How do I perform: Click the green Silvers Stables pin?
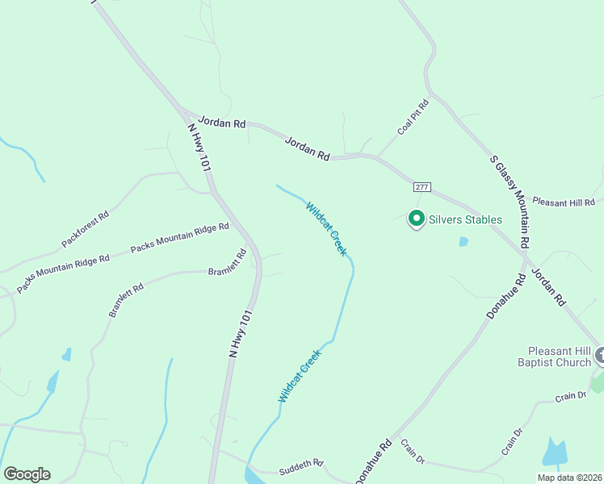click(x=417, y=219)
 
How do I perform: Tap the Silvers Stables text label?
click(x=465, y=219)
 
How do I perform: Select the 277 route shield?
click(x=422, y=187)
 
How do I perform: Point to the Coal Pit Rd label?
click(x=413, y=117)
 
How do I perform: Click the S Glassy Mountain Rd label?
click(x=510, y=201)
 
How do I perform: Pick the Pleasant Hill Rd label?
click(x=563, y=202)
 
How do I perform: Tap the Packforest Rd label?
click(x=85, y=229)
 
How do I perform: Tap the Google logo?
click(x=27, y=474)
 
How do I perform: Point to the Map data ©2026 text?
click(x=569, y=478)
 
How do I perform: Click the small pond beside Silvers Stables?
click(x=463, y=241)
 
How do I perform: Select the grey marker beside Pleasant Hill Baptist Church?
click(x=600, y=355)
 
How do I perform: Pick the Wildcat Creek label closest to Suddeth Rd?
click(x=300, y=374)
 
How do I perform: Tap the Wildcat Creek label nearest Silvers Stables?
click(x=326, y=229)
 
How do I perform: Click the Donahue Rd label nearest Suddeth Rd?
click(x=372, y=461)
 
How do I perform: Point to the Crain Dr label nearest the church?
click(x=569, y=397)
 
